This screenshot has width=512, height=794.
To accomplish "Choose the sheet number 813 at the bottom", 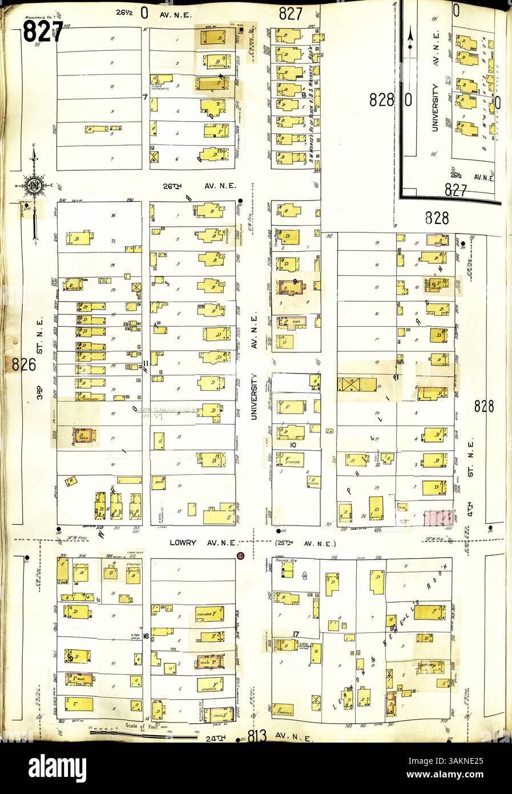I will click(258, 737).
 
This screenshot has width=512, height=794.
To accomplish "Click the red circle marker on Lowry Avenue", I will click(240, 555).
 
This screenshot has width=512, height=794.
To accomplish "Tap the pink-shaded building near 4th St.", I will click(439, 518).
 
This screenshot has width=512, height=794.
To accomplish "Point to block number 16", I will click(147, 635).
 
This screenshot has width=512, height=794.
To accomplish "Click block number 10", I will click(293, 444).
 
